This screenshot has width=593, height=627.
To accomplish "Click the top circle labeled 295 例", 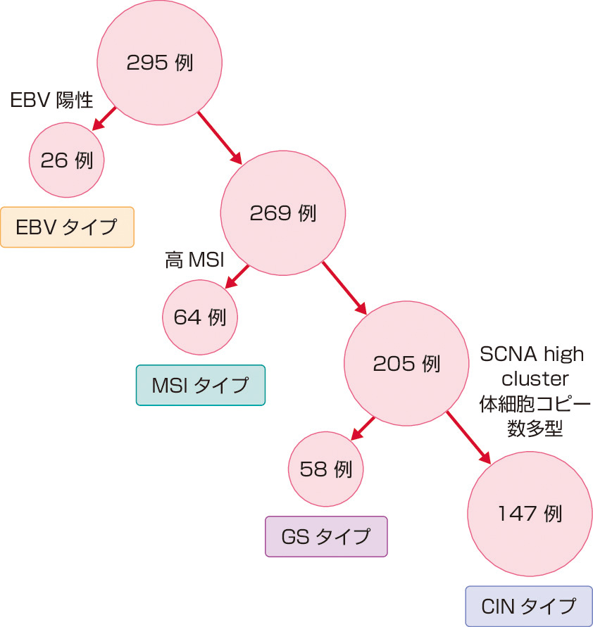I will tap(160, 63).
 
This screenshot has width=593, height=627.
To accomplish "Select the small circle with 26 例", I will tap(67, 160).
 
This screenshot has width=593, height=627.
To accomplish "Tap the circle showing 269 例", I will tap(282, 213).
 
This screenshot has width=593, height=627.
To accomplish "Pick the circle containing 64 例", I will tap(200, 317).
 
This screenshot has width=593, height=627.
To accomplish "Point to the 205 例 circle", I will tap(406, 364).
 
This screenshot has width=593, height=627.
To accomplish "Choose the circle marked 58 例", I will tap(326, 468).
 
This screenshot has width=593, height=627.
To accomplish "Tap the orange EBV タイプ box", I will tap(67, 227).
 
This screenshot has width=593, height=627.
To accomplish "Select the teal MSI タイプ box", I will tap(200, 385).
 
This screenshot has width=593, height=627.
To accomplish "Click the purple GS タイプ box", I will tap(326, 536).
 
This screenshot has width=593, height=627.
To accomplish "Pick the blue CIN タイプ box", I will tap(529, 606).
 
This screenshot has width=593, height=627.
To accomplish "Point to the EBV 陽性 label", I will tap(52, 100).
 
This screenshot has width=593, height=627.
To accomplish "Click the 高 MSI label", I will tap(194, 262).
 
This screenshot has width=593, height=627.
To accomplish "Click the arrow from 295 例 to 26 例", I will tap(104, 118).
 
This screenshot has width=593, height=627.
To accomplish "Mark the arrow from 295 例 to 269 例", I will tap(218, 137).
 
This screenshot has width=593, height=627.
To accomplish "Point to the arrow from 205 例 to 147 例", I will tap(468, 436).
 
